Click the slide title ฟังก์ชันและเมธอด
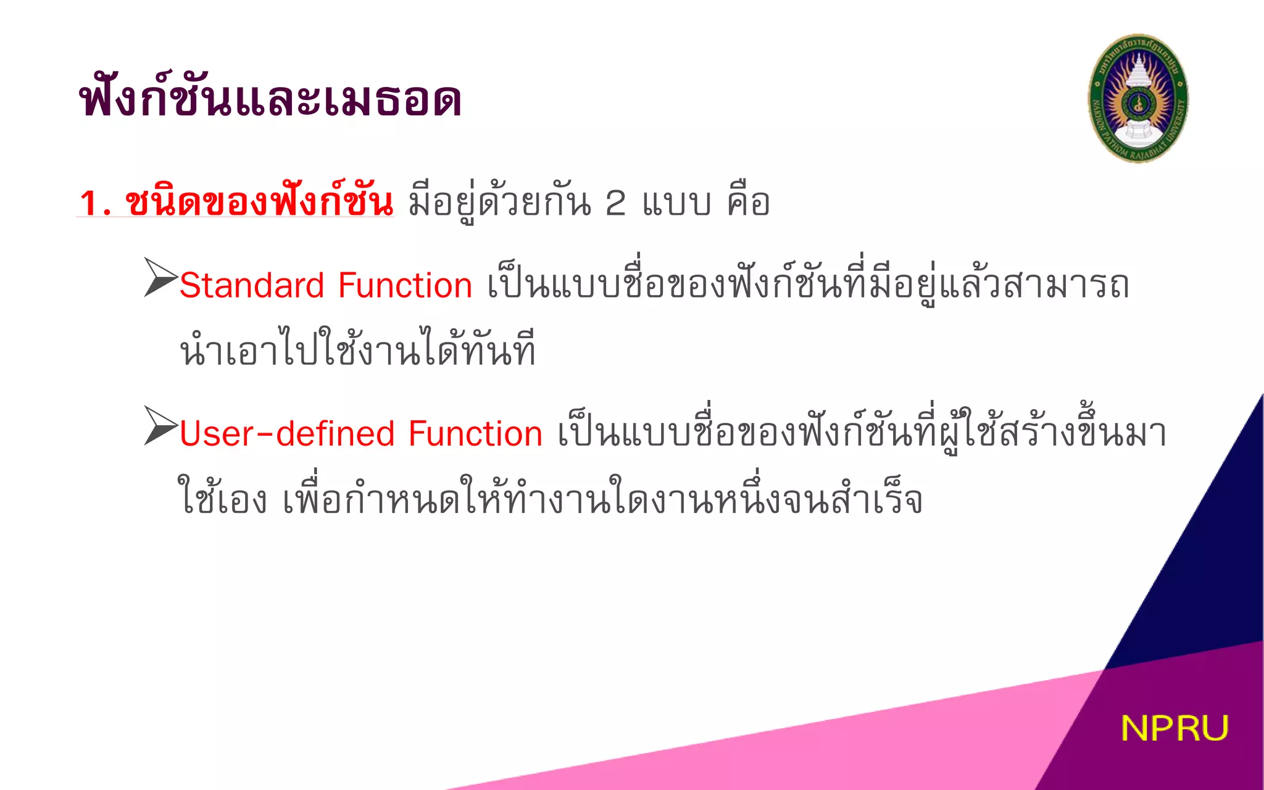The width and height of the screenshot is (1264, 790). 270,99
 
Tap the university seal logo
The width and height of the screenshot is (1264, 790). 1137,99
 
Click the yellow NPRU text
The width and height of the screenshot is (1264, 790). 1174,728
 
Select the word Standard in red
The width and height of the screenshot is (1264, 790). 252,286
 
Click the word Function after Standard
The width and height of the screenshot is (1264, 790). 405,286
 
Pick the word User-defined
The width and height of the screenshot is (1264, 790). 286,434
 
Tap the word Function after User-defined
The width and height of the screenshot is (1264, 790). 475,434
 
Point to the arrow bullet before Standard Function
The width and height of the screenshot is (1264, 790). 160,277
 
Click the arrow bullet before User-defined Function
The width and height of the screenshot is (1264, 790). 160,425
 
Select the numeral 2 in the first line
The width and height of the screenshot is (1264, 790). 615,203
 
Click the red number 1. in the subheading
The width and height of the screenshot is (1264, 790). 95,203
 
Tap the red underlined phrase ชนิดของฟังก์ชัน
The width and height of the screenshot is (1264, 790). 259,201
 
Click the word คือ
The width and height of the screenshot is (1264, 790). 749,202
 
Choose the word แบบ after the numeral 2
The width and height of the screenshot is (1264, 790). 676,203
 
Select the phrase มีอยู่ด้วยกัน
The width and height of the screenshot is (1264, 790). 499,202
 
